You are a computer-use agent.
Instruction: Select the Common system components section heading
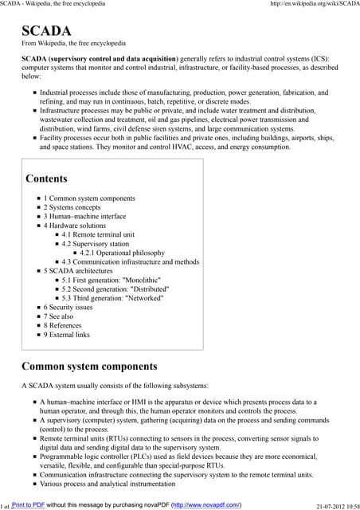88,367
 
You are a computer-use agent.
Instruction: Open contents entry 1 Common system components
89,198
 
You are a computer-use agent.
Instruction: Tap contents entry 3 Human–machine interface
84,217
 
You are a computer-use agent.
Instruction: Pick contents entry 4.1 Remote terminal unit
98,235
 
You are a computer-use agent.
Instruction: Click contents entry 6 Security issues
68,308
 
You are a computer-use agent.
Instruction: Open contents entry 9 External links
67,335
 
